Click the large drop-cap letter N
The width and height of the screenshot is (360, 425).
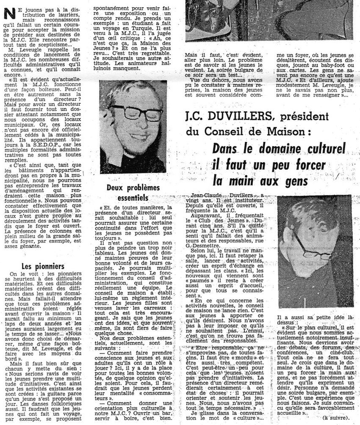7,14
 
